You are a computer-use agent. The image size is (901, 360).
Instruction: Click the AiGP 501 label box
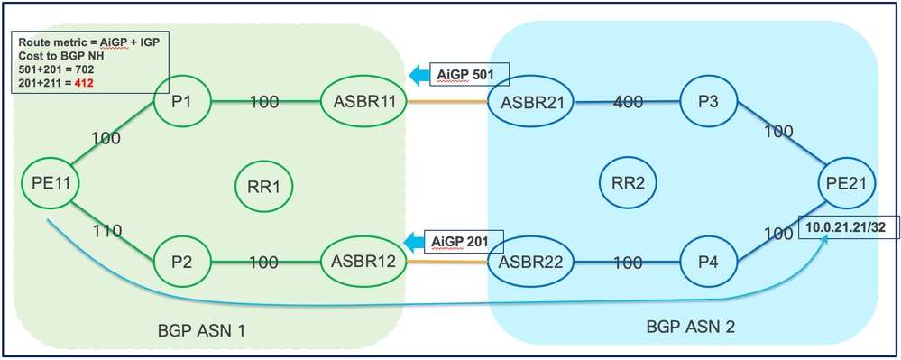[x=461, y=73]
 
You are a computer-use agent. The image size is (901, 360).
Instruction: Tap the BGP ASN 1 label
[x=203, y=331]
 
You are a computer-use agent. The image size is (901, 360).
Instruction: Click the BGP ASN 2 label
[x=690, y=327]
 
